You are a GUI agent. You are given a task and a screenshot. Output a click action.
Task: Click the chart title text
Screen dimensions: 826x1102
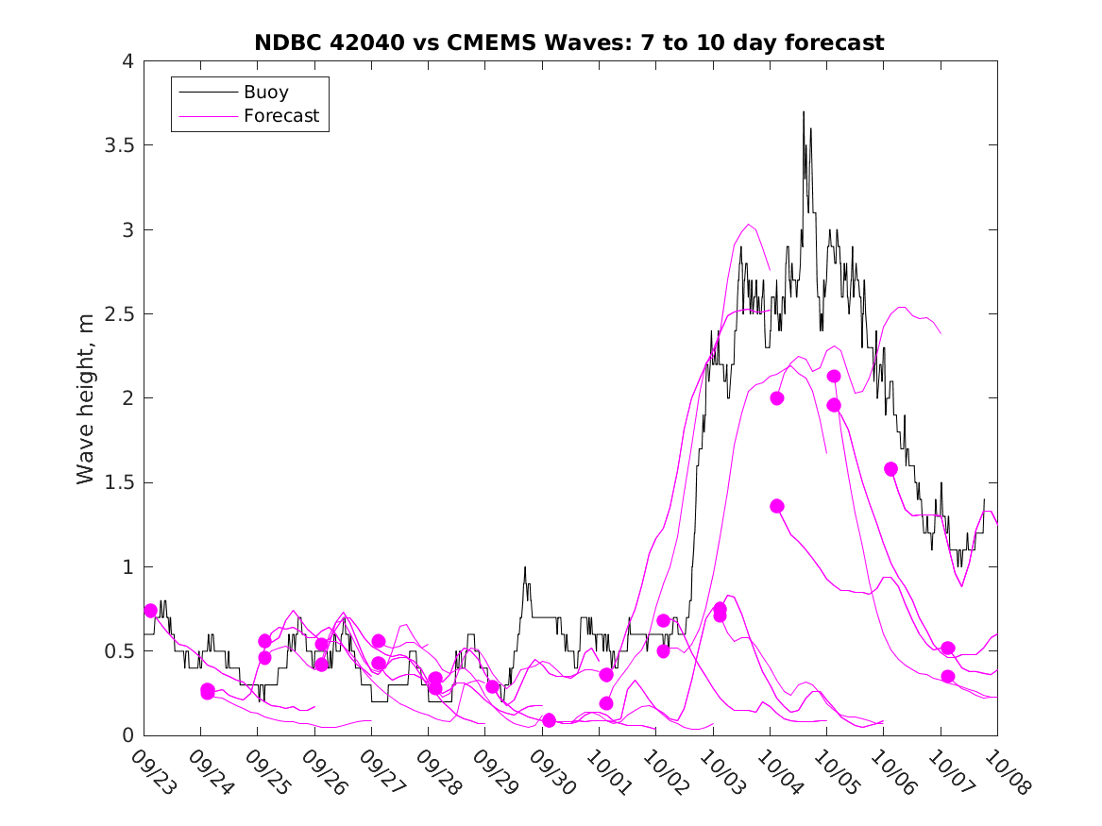point(568,42)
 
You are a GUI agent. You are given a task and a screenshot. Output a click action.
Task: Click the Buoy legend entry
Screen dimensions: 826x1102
point(266,93)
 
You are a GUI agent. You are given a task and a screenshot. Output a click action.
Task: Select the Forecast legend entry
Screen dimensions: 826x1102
point(281,116)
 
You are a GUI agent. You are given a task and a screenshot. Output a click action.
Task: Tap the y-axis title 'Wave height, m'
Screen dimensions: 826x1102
point(86,399)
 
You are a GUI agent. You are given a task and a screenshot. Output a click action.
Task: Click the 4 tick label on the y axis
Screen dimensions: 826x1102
point(127,61)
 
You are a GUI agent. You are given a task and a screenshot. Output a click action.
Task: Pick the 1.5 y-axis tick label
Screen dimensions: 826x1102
point(118,482)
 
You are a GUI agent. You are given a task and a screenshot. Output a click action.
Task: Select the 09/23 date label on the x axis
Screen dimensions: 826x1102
point(152,772)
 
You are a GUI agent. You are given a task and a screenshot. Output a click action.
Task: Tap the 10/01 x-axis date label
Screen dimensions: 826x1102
point(607,772)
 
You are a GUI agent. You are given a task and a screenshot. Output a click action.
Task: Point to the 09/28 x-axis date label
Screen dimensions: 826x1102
point(436,772)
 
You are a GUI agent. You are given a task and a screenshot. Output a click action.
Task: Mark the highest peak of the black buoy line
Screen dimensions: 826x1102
point(804,111)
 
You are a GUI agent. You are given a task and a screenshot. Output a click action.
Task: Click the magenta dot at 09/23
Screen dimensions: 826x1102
point(150,611)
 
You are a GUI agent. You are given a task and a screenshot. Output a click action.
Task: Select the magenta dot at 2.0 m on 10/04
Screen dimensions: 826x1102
point(777,398)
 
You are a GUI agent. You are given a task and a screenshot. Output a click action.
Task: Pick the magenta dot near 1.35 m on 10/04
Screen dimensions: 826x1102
point(777,506)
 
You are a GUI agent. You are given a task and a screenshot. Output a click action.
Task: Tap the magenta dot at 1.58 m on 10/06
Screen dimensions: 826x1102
point(890,469)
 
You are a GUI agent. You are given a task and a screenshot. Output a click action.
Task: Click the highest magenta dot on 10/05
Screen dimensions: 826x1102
point(834,377)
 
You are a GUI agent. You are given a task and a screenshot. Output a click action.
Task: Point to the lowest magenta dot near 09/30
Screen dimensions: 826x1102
point(549,720)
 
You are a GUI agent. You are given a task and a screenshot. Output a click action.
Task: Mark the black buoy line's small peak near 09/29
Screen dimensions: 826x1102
point(525,567)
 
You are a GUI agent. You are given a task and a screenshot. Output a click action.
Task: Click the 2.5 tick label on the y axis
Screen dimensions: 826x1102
point(118,314)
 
